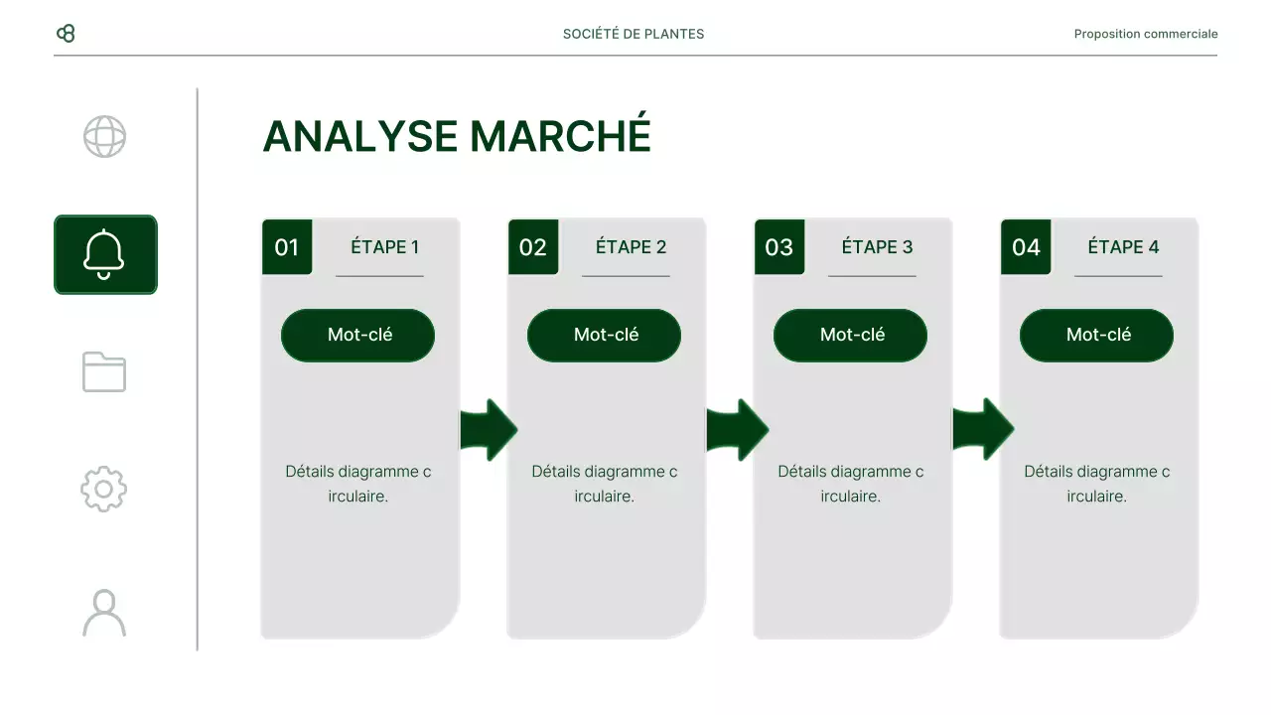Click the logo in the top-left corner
tap(66, 34)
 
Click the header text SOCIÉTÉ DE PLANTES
tap(634, 34)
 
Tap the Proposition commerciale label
tap(1145, 34)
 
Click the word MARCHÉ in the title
tap(560, 136)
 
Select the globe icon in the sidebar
tap(104, 137)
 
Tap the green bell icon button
tap(105, 254)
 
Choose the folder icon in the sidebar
tap(104, 371)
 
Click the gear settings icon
tap(104, 489)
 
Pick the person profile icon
tap(104, 613)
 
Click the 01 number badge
tap(287, 247)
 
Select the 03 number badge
tap(779, 247)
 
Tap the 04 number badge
tap(1026, 247)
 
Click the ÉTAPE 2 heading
tap(631, 247)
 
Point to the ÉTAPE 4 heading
tap(1123, 247)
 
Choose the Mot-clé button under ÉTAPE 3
tap(851, 335)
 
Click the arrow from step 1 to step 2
tap(488, 430)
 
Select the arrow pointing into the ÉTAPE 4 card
tap(982, 430)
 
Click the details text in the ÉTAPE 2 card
tap(604, 484)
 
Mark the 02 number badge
tap(533, 247)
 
